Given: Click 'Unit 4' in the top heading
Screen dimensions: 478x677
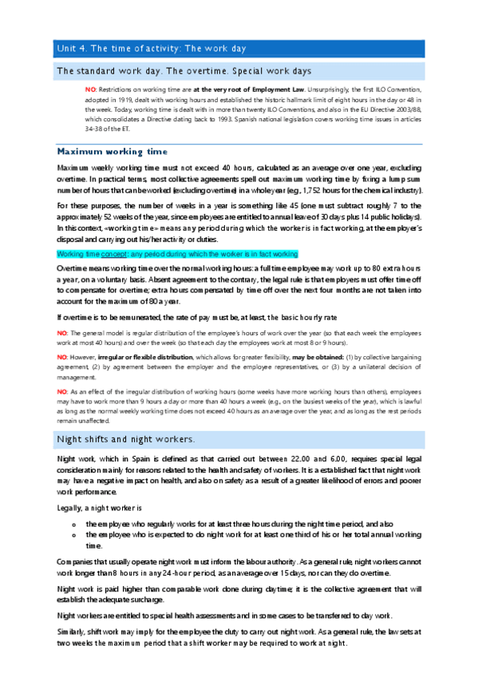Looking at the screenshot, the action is click(x=69, y=48).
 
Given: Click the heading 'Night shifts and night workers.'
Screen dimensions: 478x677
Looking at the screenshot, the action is click(x=126, y=439).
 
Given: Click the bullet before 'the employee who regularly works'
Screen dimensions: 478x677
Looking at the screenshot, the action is click(x=73, y=523).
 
